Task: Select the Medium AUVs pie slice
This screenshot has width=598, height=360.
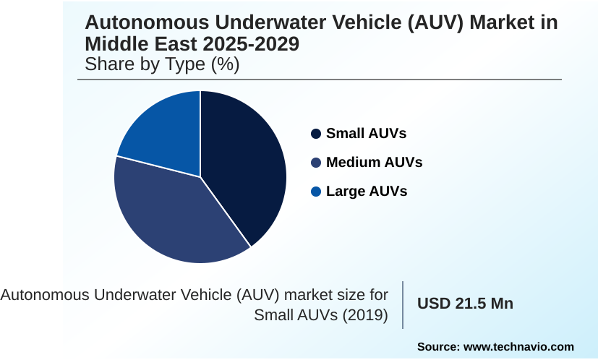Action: click(x=174, y=217)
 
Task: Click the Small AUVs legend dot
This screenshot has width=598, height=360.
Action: click(x=316, y=134)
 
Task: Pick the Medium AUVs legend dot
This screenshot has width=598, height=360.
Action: click(x=316, y=163)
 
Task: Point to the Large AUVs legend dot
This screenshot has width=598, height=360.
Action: click(x=316, y=192)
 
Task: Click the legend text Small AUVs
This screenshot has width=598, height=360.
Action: click(x=366, y=134)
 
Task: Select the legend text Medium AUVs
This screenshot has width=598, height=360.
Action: click(x=374, y=163)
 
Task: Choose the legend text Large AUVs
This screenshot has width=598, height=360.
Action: click(x=367, y=192)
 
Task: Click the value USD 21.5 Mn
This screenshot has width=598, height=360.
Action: click(x=465, y=304)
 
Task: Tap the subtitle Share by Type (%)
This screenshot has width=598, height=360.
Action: click(x=162, y=64)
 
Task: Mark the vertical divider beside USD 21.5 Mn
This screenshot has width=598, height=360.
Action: click(x=403, y=304)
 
